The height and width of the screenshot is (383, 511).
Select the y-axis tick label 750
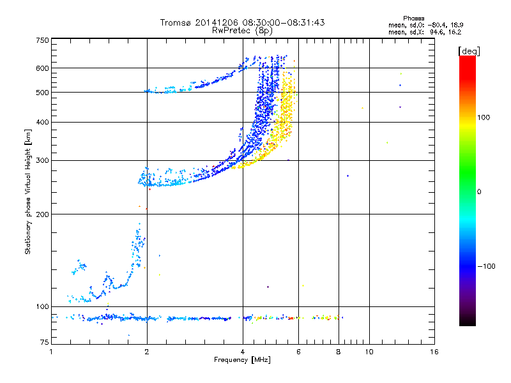tap(42, 40)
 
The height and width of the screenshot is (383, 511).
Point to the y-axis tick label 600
tap(42, 68)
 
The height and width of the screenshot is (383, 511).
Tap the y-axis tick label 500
tap(42, 93)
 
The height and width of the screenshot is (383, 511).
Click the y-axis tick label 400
tap(42, 122)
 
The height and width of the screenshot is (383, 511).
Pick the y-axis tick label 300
tap(42, 160)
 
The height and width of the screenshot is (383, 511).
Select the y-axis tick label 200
tap(42, 214)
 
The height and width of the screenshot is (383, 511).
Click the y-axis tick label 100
tap(42, 306)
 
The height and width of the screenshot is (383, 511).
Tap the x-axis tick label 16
tap(434, 352)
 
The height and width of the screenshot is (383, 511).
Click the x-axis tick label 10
tap(369, 352)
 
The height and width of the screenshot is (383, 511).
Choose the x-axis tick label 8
tap(339, 352)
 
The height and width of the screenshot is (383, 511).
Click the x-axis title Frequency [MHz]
tap(242, 361)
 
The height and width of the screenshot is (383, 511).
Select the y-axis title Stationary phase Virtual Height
tap(27, 191)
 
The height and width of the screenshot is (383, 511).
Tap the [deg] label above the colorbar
tap(469, 50)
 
